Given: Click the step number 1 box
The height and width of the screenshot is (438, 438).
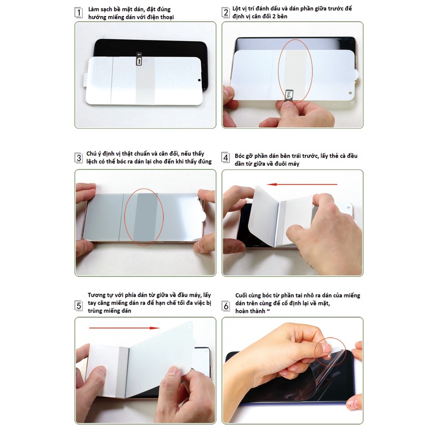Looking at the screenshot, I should tap(79, 12).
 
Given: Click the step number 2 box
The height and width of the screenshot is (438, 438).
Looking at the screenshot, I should tap(226, 12).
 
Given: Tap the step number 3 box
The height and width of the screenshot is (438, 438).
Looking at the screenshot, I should tap(79, 157).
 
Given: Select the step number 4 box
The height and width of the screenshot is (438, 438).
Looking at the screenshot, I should tap(226, 157).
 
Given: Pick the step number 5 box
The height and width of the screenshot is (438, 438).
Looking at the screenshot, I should tap(79, 305).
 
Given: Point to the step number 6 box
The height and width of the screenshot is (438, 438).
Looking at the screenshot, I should tap(226, 305).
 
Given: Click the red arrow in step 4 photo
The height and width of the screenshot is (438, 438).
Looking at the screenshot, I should tap(302, 184).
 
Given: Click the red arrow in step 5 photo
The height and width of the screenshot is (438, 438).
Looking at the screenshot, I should tap(124, 328).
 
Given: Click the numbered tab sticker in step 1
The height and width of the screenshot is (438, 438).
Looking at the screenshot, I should tap(139, 60).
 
